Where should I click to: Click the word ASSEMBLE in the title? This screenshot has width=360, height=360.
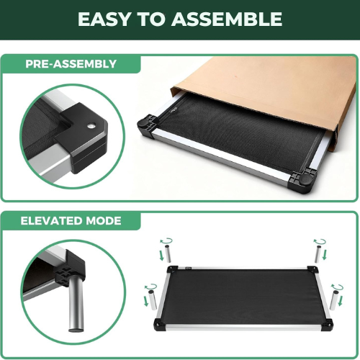coord(227,19)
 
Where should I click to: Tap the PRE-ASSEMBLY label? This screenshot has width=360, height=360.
coord(71,64)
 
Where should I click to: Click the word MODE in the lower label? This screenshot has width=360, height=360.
coord(104,221)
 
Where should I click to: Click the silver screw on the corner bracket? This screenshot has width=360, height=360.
coord(91,125)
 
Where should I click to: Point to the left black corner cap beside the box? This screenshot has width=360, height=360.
coord(146,125)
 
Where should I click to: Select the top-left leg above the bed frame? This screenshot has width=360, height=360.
coord(168,253)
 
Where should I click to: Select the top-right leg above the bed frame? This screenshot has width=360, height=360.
coord(318,254)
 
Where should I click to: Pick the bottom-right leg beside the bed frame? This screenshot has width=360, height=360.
coord(333,300)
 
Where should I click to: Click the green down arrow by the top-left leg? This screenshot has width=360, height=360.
coord(162,255)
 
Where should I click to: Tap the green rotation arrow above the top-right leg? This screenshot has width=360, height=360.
coord(320,241)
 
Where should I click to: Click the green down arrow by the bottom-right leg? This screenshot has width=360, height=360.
coord(340,300)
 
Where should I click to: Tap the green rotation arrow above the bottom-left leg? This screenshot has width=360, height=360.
coord(150,286)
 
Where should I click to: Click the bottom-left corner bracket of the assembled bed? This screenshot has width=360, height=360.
coord(159,324)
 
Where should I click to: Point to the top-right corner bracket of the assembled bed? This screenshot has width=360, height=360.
coord(312,269)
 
